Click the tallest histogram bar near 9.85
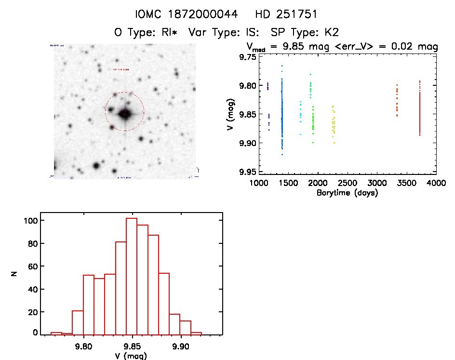[x=132, y=275]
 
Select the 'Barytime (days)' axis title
[x=347, y=193]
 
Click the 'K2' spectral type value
[x=332, y=33]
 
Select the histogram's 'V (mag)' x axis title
[x=131, y=356]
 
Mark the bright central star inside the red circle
[x=125, y=114]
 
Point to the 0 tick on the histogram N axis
[x=35, y=333]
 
